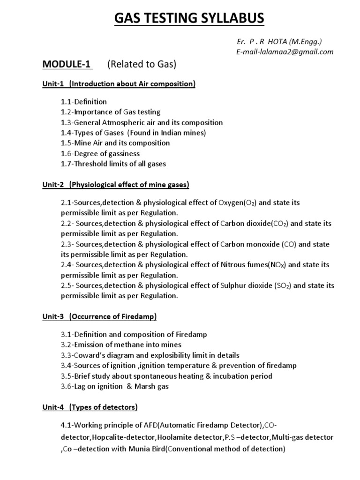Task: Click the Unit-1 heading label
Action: click(x=51, y=84)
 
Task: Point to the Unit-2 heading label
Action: click(x=51, y=185)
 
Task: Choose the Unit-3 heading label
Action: click(x=51, y=316)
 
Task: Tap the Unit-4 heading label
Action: click(x=51, y=407)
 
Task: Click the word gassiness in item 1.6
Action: click(x=123, y=153)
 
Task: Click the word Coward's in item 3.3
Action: click(x=92, y=355)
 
